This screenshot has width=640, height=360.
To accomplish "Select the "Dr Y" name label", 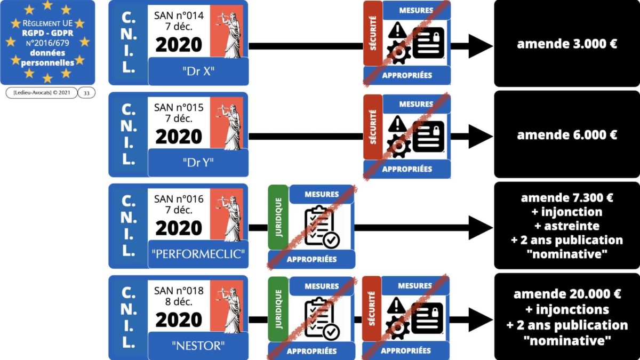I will [x=198, y=162].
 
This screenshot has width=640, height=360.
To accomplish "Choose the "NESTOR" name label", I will [x=198, y=346].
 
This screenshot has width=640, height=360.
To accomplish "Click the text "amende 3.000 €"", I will [x=567, y=44].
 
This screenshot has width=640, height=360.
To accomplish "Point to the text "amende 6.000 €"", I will [x=567, y=135].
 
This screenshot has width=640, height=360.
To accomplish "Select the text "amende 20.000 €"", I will [x=567, y=294].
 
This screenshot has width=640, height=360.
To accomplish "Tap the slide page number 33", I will [x=86, y=93].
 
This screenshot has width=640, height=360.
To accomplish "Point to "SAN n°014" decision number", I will [x=179, y=16].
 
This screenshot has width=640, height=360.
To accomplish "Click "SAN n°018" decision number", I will [x=179, y=291].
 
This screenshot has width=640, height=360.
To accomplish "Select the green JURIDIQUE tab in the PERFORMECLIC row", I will [x=278, y=218].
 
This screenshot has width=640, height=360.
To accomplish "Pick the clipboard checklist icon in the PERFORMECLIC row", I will [x=321, y=227].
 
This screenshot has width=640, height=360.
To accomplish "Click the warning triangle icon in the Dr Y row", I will [x=397, y=124].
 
